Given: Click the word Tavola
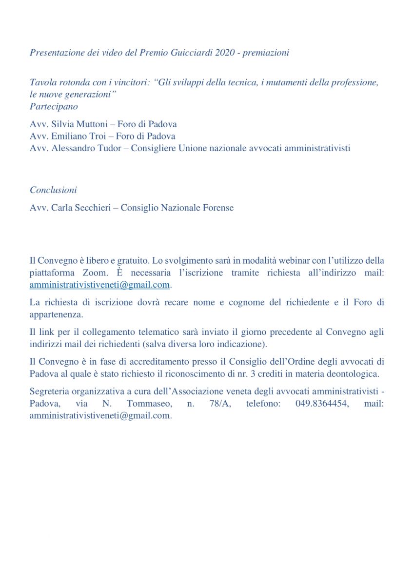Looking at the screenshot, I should click(42, 82).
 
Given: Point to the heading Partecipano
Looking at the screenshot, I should click(54, 106).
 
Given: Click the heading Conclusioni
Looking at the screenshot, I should click(53, 190).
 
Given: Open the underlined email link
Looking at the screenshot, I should click(99, 285).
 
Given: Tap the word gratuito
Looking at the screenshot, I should click(132, 261).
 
